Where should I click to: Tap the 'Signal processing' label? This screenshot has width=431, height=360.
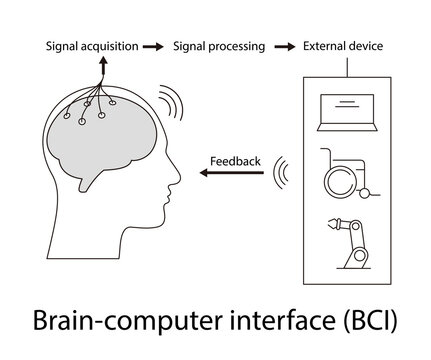tap(219, 46)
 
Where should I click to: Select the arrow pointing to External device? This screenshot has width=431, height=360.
tap(284, 46)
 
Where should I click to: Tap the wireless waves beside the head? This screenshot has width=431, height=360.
tap(166, 101)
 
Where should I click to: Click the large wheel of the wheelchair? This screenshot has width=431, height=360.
tap(340, 182)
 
